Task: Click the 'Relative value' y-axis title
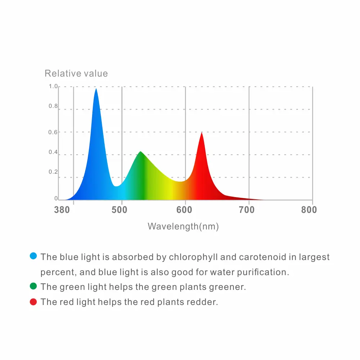click(x=76, y=74)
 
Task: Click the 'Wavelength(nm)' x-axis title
click(x=183, y=227)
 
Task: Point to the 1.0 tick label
click(x=53, y=86)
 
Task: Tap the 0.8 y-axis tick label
click(x=53, y=106)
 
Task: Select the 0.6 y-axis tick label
click(x=53, y=132)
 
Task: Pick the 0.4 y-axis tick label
click(x=53, y=152)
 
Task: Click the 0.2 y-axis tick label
click(x=53, y=172)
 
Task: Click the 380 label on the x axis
click(x=62, y=210)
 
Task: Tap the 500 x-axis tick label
click(x=119, y=210)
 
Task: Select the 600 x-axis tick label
click(x=183, y=210)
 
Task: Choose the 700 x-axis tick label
click(x=247, y=210)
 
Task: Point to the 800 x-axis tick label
click(x=309, y=210)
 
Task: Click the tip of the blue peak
click(x=96, y=89)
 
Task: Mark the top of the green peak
click(x=140, y=152)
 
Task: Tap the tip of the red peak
click(x=202, y=133)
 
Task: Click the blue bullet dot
click(x=33, y=256)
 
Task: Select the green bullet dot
click(x=33, y=286)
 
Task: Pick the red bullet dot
click(x=33, y=302)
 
